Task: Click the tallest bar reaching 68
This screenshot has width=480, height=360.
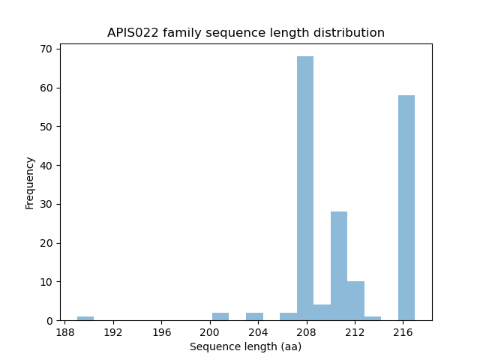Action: [305, 188]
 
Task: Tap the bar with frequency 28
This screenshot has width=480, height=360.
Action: [339, 266]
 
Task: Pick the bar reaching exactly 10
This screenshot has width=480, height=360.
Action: [355, 301]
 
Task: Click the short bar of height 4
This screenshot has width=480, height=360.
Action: [322, 313]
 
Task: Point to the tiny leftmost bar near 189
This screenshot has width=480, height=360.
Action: [85, 318]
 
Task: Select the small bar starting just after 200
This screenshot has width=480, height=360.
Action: [220, 316]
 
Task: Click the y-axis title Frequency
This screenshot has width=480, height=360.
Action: [30, 182]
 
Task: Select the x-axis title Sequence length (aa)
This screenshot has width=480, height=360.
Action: [245, 346]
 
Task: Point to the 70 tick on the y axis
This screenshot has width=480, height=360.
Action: [46, 49]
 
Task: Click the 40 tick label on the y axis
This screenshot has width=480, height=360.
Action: [46, 165]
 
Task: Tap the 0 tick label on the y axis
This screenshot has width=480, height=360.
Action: [49, 320]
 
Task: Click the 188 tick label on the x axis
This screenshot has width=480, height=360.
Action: [65, 331]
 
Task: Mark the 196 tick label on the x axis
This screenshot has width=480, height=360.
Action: [162, 331]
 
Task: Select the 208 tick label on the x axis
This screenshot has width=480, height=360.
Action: [306, 331]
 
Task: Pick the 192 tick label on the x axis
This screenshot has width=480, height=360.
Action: [113, 331]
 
